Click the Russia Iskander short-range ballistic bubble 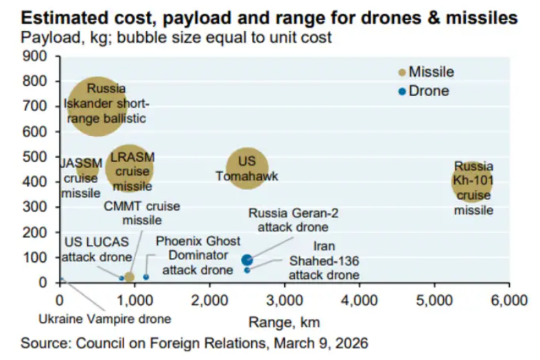[97, 106]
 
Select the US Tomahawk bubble [246, 169]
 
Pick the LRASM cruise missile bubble [129, 169]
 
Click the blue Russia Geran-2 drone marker [247, 260]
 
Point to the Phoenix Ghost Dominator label [198, 256]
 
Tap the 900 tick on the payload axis [35, 56]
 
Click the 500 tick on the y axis [35, 156]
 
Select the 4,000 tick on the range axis [359, 300]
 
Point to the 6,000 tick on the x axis [508, 300]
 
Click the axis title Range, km [284, 322]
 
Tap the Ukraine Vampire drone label [104, 318]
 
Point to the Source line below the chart [193, 342]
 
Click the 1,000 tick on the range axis [134, 300]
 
